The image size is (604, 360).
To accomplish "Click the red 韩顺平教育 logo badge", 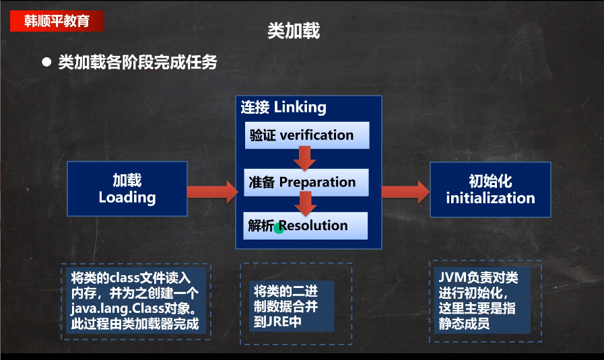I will [57, 20].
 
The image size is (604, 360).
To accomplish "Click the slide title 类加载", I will [294, 31].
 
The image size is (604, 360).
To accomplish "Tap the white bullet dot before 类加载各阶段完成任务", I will [46, 62].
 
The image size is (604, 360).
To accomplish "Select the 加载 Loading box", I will [127, 189].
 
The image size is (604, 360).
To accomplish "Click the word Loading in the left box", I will [127, 198].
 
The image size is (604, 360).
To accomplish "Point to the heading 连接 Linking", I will [283, 107].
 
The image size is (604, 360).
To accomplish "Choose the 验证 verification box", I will [306, 135].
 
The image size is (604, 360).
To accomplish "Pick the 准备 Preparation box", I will [306, 182].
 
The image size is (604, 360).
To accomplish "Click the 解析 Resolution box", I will [306, 225].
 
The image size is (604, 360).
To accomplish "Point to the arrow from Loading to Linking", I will [211, 192].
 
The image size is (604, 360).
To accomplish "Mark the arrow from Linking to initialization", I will [405, 192].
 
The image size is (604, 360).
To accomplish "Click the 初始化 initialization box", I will [490, 190].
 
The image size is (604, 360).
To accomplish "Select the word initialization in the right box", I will [490, 199].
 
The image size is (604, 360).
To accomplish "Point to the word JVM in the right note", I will [451, 278].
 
